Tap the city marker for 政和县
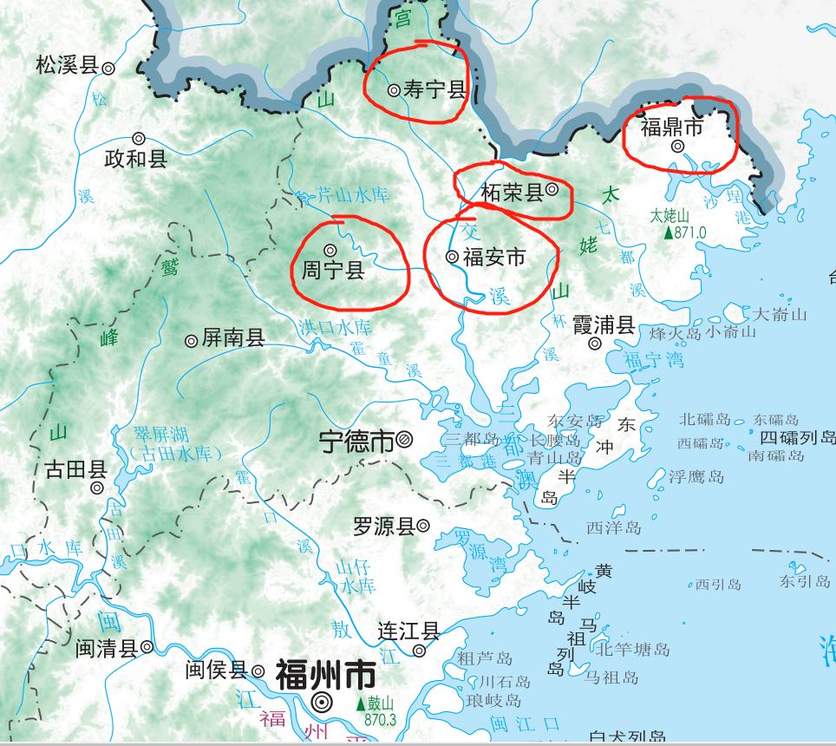click(x=139, y=138)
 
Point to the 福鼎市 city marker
click(x=677, y=147)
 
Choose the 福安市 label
click(x=494, y=257)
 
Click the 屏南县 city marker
click(x=192, y=341)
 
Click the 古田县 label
click(x=75, y=470)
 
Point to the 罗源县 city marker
click(x=423, y=525)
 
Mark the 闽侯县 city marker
click(x=258, y=671)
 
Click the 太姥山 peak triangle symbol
click(x=668, y=232)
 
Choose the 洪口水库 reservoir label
click(x=335, y=328)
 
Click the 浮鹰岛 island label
click(x=696, y=476)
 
